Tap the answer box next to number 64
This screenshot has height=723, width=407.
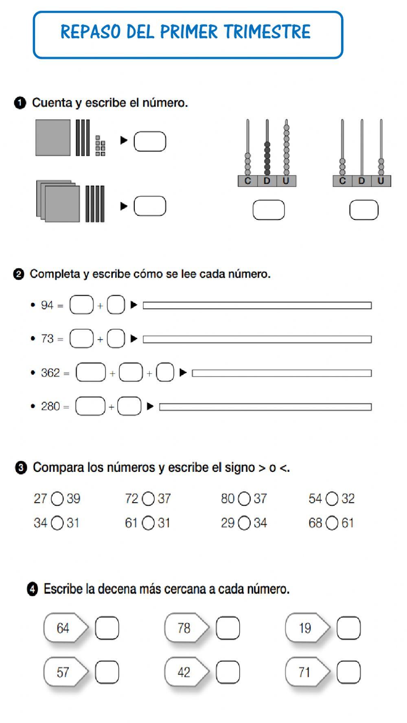coord(107,628)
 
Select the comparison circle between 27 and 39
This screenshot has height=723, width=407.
coord(57,499)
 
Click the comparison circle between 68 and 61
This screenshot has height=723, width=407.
coord(332,523)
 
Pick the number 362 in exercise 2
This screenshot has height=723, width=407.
coord(50,373)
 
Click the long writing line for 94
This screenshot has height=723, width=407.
coord(257,305)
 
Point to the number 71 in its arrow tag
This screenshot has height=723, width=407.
coord(304,672)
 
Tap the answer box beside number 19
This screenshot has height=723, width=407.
coord(349,628)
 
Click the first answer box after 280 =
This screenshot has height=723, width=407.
coord(90,406)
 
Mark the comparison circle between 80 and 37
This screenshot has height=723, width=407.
coord(244,499)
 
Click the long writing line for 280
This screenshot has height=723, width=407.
coord(265,407)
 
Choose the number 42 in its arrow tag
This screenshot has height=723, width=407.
coord(184,672)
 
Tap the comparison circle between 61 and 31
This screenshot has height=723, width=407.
coord(148,523)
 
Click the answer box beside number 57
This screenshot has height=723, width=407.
coord(107,672)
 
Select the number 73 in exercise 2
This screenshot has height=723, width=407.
coord(47,339)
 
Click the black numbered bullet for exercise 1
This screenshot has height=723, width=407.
coord(20,103)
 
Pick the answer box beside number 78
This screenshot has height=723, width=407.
coord(228,628)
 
